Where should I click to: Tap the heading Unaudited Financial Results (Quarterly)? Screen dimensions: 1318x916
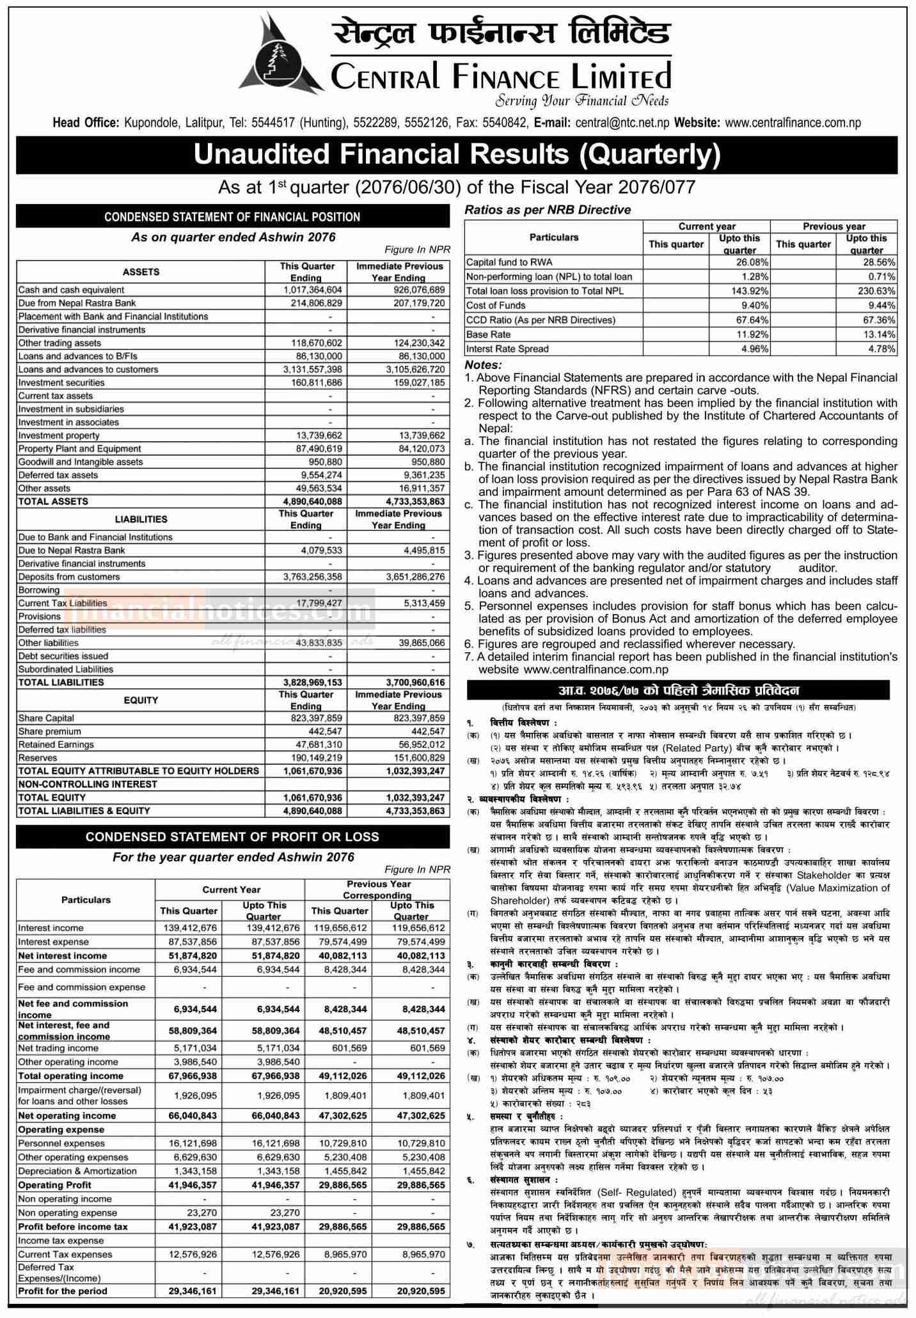click(x=457, y=155)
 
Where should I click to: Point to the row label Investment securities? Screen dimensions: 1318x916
click(x=61, y=382)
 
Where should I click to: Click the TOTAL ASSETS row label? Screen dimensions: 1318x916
click(x=53, y=501)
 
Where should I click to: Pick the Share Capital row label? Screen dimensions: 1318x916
click(x=46, y=718)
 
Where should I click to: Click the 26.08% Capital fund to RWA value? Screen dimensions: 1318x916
click(x=752, y=262)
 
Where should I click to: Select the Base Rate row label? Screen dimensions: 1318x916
click(x=488, y=334)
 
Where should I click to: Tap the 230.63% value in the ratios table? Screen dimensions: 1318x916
click(x=880, y=291)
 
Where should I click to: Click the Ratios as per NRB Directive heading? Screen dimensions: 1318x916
click(x=548, y=210)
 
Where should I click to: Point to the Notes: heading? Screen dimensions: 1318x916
click(x=483, y=365)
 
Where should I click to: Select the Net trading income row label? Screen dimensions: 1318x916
click(x=58, y=1048)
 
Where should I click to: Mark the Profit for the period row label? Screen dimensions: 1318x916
click(x=63, y=1291)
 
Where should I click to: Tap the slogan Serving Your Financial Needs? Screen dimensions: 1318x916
click(x=581, y=100)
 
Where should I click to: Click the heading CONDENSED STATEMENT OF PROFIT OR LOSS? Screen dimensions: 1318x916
click(x=232, y=836)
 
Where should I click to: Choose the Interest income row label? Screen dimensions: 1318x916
click(x=51, y=928)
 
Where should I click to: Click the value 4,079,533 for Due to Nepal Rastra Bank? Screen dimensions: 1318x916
click(x=322, y=550)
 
